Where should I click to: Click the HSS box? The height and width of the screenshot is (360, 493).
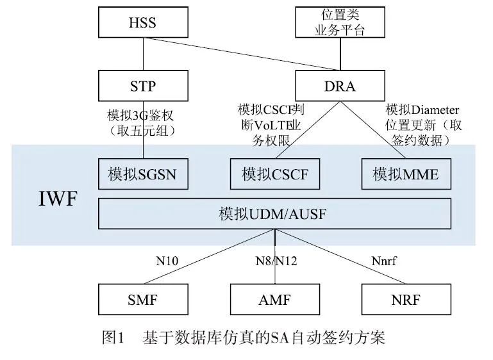pyautogui.click(x=143, y=23)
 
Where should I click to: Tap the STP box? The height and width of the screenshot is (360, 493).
pyautogui.click(x=143, y=86)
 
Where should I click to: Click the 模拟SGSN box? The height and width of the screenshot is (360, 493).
pyautogui.click(x=143, y=174)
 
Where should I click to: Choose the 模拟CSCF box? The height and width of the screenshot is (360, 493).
pyautogui.click(x=274, y=174)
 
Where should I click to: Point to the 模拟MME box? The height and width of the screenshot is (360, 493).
pyautogui.click(x=405, y=174)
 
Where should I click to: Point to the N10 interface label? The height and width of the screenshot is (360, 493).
pyautogui.click(x=167, y=261)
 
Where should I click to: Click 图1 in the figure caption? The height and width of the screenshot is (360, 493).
pyautogui.click(x=112, y=337)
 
